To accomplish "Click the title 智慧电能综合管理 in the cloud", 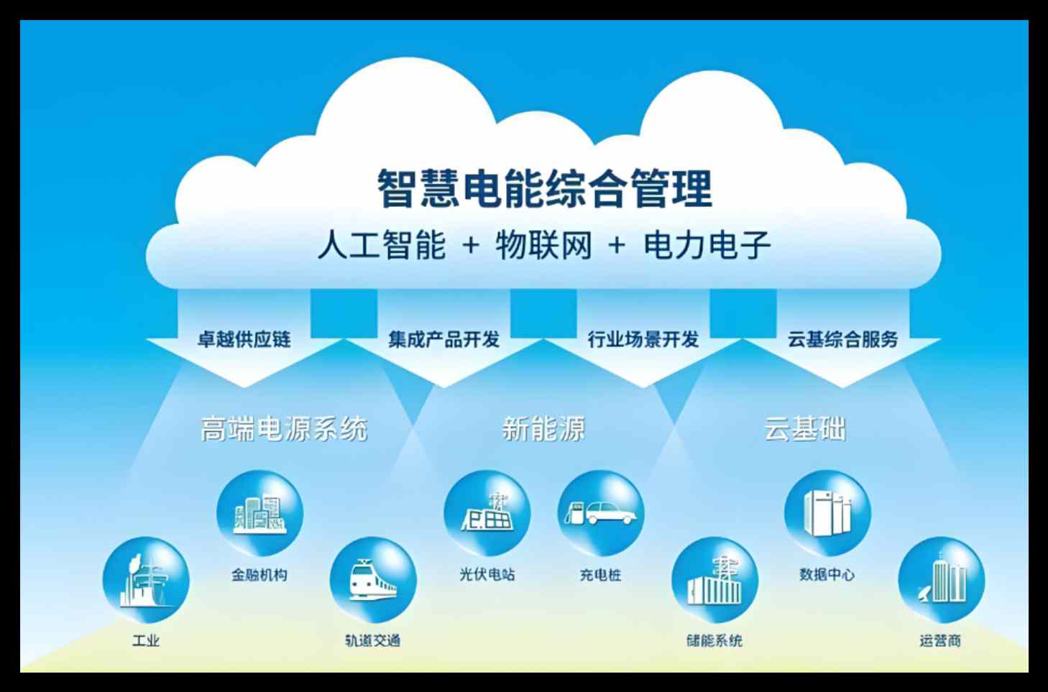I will pyautogui.click(x=545, y=188).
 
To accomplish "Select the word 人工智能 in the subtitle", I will pyautogui.click(x=382, y=246).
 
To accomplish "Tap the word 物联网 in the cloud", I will pyautogui.click(x=543, y=246).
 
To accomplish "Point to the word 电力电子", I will pyautogui.click(x=707, y=246).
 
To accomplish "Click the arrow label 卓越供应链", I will pyautogui.click(x=244, y=339).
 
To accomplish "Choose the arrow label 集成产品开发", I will pyautogui.click(x=443, y=339).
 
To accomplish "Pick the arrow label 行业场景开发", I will pyautogui.click(x=643, y=339).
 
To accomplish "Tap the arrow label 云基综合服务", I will pyautogui.click(x=842, y=339).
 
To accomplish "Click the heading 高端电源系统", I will pyautogui.click(x=284, y=429).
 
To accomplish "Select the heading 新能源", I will pyautogui.click(x=543, y=429).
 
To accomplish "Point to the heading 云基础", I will pyautogui.click(x=804, y=429).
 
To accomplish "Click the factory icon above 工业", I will pyautogui.click(x=146, y=581).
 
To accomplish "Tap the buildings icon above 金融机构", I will pyautogui.click(x=259, y=514).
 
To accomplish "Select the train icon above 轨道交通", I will pyautogui.click(x=372, y=581).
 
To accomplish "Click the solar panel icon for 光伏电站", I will pyautogui.click(x=487, y=514).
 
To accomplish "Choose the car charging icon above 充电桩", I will pyautogui.click(x=600, y=514).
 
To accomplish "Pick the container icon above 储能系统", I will pyautogui.click(x=714, y=581).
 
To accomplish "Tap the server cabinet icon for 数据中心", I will pyautogui.click(x=827, y=514).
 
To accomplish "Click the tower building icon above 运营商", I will pyautogui.click(x=940, y=581).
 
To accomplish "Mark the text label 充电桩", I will pyautogui.click(x=600, y=575).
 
